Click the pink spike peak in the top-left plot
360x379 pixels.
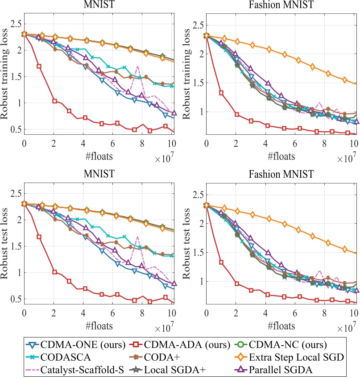138,67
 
